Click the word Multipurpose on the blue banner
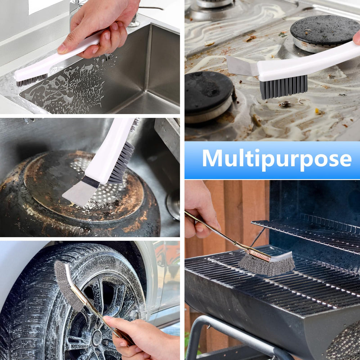276,159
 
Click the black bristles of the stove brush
283,87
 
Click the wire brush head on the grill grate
266,265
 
